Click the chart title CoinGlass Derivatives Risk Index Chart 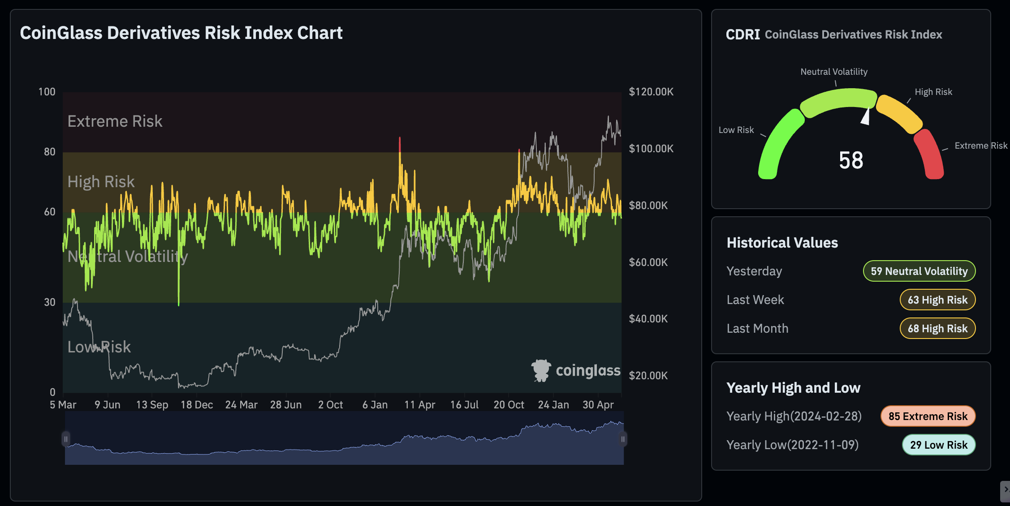click(181, 33)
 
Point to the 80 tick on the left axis click(49, 152)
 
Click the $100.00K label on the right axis click(651, 149)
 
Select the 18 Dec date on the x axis click(196, 405)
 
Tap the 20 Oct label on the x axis click(508, 405)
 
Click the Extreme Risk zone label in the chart click(115, 121)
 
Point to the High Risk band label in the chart click(101, 182)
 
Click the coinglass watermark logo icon click(541, 370)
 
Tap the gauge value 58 click(850, 160)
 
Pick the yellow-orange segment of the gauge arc click(898, 113)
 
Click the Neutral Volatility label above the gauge click(833, 72)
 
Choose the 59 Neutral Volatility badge click(919, 271)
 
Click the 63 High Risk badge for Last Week click(937, 300)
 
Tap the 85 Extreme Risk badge click(928, 416)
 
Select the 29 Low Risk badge click(938, 445)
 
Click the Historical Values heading click(782, 243)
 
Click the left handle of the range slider click(66, 439)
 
